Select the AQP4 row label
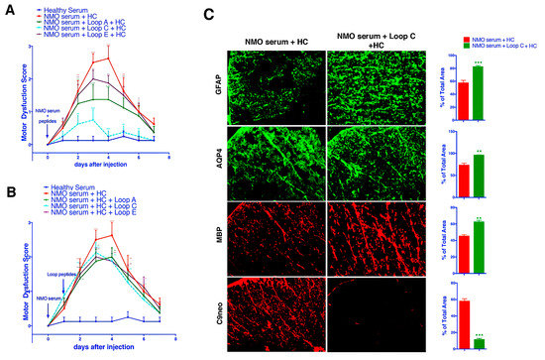[x=217, y=159]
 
